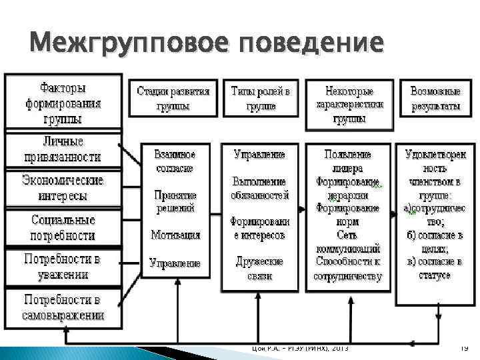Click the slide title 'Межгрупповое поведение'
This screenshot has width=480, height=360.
coord(206,43)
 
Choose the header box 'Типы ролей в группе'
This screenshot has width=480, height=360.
coord(261,98)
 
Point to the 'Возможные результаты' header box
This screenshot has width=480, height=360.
coord(435,98)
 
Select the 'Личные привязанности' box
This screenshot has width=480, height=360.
coord(63,150)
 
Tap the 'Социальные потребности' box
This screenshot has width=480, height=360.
coord(63,227)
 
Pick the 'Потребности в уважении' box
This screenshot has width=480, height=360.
coord(63,266)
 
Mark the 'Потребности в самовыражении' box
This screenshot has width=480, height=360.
coord(63,306)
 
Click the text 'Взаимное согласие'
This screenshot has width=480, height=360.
coord(175,161)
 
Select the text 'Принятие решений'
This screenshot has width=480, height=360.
coord(175,201)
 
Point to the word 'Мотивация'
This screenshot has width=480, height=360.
coord(175,235)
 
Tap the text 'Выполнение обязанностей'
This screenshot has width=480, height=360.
coord(260,188)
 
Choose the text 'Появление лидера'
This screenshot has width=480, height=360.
coord(347,161)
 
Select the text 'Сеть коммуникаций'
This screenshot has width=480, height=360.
coord(347,241)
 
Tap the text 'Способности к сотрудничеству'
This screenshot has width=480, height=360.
coord(347,268)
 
